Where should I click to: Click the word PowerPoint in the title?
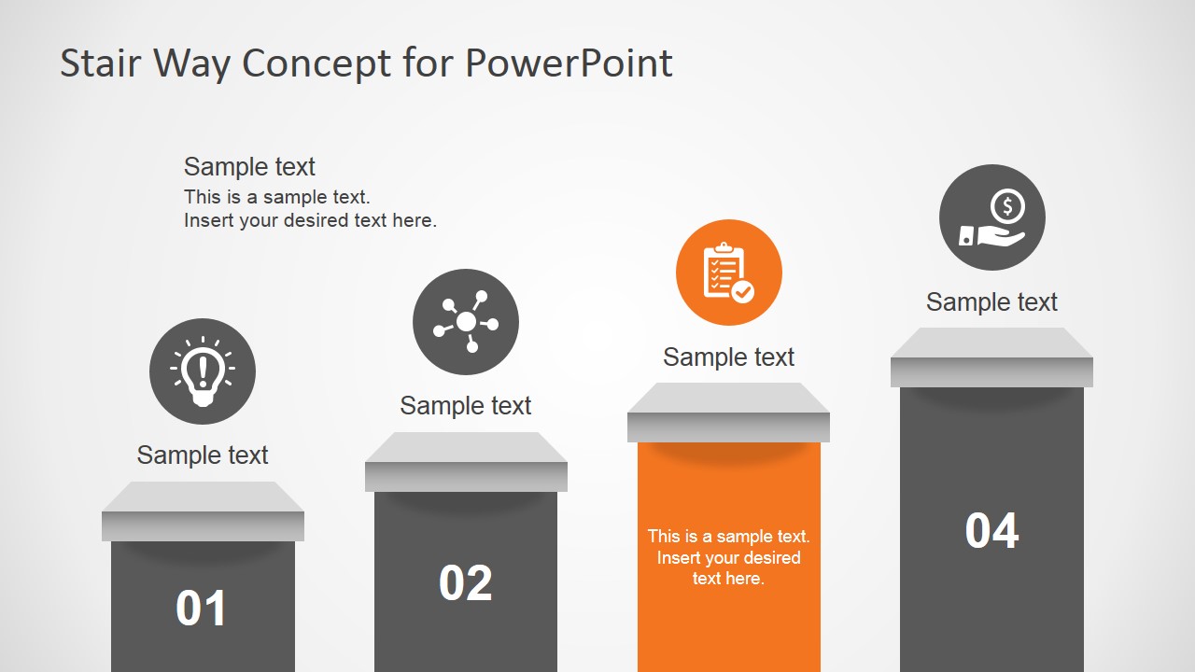[x=569, y=63]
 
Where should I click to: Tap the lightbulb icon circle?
[x=203, y=371]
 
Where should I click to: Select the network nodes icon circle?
[x=466, y=322]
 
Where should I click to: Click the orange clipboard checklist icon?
[x=729, y=273]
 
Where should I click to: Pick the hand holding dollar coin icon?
[x=992, y=217]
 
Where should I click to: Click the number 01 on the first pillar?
[x=202, y=609]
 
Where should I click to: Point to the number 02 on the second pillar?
[x=466, y=583]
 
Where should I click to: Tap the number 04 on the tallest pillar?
[x=991, y=531]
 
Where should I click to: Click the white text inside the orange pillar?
[x=729, y=557]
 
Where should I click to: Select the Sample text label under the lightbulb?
[x=203, y=455]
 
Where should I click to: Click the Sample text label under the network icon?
[x=466, y=405]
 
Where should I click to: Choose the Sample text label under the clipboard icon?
[x=729, y=357]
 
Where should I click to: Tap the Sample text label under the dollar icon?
[x=991, y=301]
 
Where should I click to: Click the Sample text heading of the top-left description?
[x=249, y=166]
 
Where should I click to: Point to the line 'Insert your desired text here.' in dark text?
[x=310, y=220]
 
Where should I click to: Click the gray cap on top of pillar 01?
[x=203, y=512]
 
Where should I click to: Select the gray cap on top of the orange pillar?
[x=728, y=413]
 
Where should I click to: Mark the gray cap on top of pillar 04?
[x=991, y=358]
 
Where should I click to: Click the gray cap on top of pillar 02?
[x=466, y=463]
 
